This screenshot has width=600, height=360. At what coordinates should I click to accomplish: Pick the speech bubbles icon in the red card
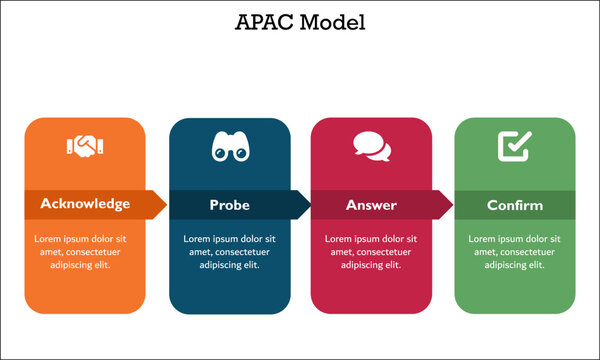click(371, 147)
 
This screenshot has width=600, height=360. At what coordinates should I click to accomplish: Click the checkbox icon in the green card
click(514, 147)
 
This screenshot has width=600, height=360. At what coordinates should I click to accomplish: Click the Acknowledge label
click(85, 204)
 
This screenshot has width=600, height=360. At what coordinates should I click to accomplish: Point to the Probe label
click(229, 205)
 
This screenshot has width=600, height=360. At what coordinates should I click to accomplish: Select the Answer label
click(371, 205)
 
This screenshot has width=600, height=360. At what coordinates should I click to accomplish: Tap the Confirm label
click(515, 205)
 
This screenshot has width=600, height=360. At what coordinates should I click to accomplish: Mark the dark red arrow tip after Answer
click(447, 204)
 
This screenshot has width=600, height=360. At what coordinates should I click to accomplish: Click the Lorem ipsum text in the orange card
click(85, 252)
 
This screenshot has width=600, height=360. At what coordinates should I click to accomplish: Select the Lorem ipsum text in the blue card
click(229, 252)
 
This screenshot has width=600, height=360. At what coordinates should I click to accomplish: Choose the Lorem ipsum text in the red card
click(372, 252)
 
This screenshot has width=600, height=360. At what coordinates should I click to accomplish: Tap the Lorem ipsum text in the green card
click(515, 252)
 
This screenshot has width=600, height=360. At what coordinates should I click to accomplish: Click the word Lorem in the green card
click(483, 239)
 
